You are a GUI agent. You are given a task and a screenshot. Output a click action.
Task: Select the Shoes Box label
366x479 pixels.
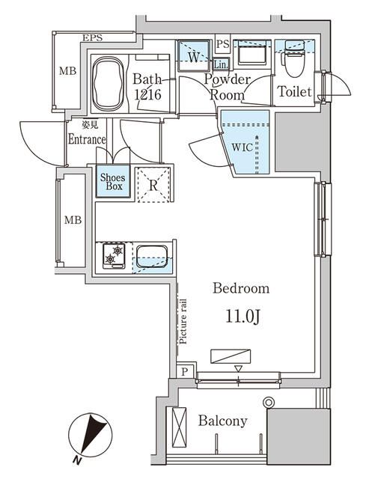[112, 181]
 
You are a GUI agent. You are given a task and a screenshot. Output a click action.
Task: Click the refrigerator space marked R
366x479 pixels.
[153, 184]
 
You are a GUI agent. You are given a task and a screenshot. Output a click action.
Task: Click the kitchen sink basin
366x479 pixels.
[153, 257]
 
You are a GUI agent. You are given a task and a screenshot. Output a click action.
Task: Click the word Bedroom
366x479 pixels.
[241, 288]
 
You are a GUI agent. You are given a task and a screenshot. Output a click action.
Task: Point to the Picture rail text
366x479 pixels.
[182, 320]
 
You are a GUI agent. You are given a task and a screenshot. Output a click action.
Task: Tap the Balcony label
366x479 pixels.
[222, 421]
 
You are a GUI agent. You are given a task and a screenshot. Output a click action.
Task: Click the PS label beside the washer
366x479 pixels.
[222, 44]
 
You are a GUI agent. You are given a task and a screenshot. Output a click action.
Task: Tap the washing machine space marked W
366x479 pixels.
[193, 55]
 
